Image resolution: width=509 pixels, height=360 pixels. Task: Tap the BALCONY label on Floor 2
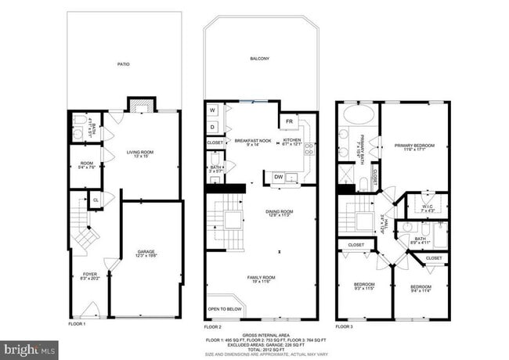[x=260, y=59]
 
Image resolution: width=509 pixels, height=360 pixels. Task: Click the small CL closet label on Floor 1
[x=96, y=200]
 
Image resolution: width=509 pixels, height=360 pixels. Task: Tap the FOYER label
[x=90, y=274]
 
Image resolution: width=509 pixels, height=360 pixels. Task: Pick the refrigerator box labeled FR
[x=289, y=122]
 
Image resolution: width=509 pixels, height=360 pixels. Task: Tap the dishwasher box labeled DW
[x=279, y=178]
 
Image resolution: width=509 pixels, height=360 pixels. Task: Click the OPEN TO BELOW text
[x=224, y=309]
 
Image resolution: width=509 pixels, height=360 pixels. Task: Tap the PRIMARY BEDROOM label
[x=414, y=146]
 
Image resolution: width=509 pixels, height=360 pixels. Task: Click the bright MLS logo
[x=29, y=346]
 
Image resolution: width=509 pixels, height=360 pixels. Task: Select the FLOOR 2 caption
[x=213, y=325]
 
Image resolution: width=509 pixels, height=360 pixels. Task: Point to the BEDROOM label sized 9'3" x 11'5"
[x=363, y=285]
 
